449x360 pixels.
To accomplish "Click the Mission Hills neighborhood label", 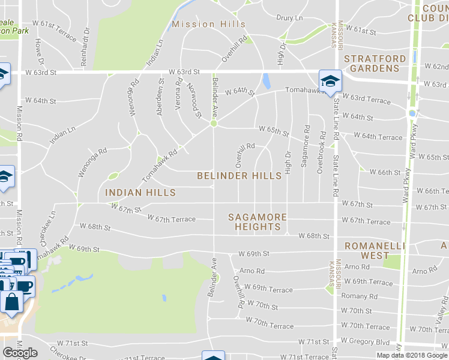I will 208,24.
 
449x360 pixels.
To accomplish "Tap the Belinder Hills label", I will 240,176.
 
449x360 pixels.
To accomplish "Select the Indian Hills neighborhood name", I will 140,193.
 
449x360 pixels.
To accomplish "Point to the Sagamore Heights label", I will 258,222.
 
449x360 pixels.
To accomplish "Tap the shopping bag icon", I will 12,302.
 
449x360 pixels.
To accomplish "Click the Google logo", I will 20,353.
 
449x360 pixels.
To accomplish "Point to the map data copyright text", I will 411,355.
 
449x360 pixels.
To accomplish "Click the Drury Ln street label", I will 289,19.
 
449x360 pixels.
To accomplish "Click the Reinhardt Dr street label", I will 86,39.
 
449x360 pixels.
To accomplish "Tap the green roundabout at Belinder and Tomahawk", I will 213,124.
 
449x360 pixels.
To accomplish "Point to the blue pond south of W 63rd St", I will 265,81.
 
